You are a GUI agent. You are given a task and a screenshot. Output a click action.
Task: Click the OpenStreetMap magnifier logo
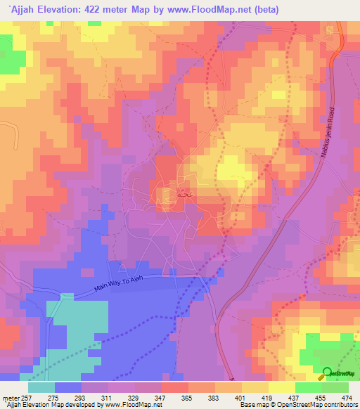tap(328, 373)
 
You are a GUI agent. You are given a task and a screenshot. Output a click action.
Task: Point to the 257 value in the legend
tap(28, 398)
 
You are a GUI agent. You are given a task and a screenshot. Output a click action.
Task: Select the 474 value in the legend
tap(347, 398)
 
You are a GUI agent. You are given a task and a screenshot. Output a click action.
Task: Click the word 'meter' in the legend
tap(11, 398)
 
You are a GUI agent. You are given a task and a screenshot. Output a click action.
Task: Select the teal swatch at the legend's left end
tap(41, 387)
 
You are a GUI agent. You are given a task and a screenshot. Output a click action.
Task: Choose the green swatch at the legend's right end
tap(335, 387)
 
